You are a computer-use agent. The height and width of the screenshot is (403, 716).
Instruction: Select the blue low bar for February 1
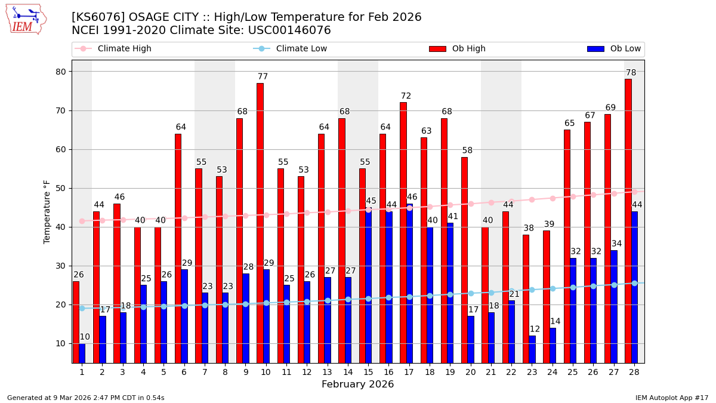tap(82, 353)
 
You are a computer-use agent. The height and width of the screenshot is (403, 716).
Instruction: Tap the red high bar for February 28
tap(628, 221)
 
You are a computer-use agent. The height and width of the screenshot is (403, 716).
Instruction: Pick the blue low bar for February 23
tap(532, 349)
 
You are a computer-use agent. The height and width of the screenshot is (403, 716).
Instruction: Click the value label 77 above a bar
tap(263, 77)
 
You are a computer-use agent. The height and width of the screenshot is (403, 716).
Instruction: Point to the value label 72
tap(406, 96)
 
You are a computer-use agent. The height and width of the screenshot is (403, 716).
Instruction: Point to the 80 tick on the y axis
tap(61, 72)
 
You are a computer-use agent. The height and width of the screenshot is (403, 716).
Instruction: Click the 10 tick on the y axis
tap(61, 343)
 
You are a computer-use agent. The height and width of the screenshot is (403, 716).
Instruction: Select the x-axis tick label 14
tap(348, 372)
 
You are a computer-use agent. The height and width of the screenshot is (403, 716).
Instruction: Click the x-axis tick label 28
tap(634, 372)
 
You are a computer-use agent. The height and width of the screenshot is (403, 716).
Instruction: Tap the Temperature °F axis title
tap(47, 211)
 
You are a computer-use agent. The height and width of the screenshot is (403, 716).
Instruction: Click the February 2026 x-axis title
tap(357, 384)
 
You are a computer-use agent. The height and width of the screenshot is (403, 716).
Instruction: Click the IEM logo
tap(26, 19)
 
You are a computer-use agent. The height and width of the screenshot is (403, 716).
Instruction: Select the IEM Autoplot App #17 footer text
tap(671, 398)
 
